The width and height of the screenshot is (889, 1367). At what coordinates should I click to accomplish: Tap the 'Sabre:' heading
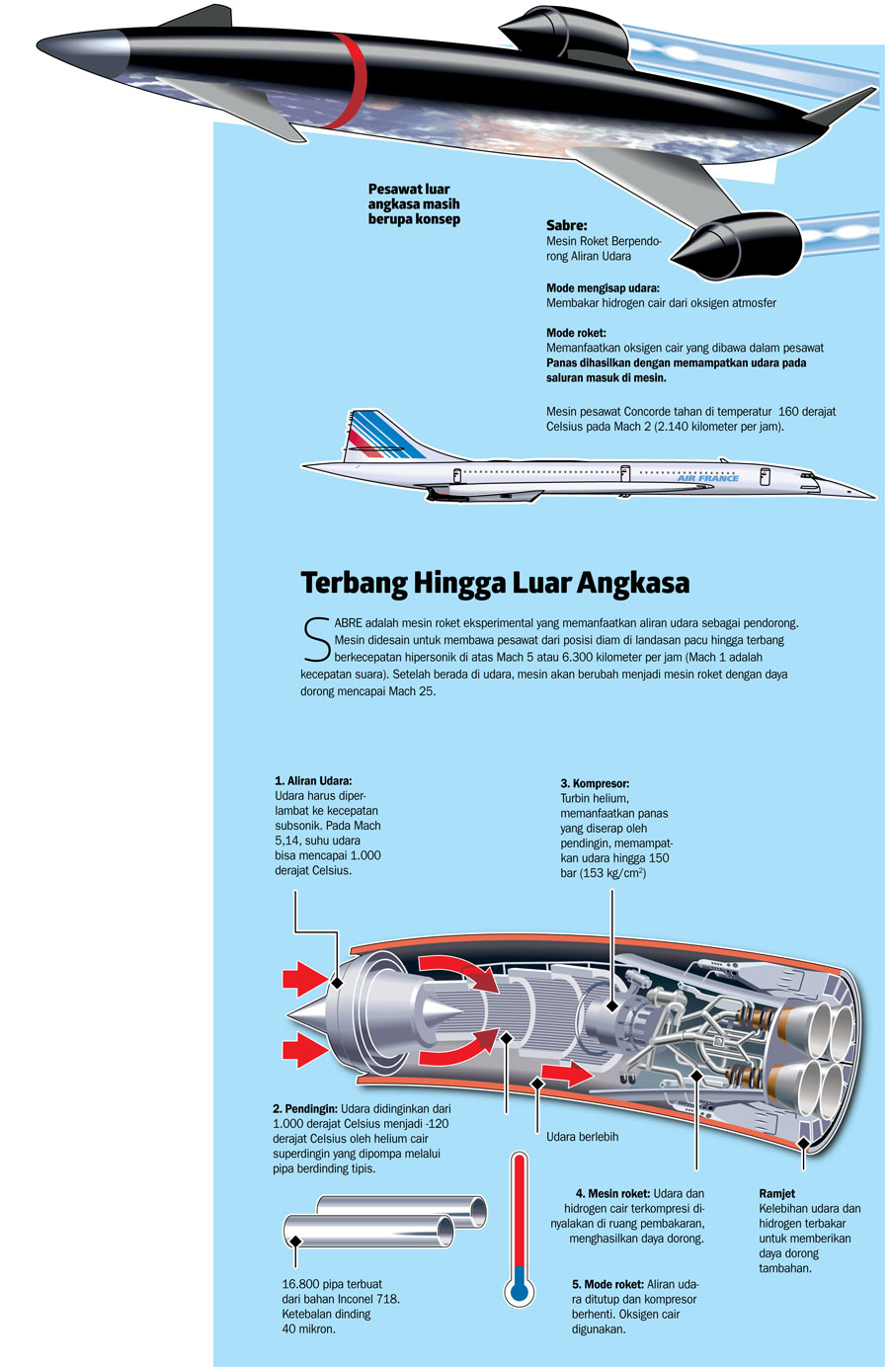(567, 225)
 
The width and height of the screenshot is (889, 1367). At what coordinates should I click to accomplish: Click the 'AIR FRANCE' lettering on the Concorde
(707, 478)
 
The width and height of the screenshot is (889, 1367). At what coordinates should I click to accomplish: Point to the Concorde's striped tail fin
(380, 435)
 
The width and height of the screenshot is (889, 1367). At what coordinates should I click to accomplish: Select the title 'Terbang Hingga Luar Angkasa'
(495, 583)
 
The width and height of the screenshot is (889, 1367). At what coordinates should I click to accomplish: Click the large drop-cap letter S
(316, 639)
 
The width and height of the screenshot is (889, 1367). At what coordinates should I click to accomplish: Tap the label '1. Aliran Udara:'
(313, 780)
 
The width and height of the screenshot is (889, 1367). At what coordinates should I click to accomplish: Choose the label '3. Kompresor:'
(595, 783)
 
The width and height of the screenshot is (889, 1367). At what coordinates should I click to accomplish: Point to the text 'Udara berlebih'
(582, 1137)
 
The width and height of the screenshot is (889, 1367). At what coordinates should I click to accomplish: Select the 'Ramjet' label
(776, 1193)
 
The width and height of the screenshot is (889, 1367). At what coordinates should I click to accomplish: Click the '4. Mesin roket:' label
(612, 1193)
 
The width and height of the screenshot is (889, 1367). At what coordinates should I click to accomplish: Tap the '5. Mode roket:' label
(607, 1284)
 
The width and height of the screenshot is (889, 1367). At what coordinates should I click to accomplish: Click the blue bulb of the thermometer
(519, 1289)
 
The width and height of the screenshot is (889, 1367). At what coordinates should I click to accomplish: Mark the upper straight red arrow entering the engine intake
(304, 980)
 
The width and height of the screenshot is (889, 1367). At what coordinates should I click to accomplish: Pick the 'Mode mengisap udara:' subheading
(603, 288)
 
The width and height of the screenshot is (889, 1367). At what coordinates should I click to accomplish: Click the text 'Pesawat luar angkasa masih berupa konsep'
(414, 203)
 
